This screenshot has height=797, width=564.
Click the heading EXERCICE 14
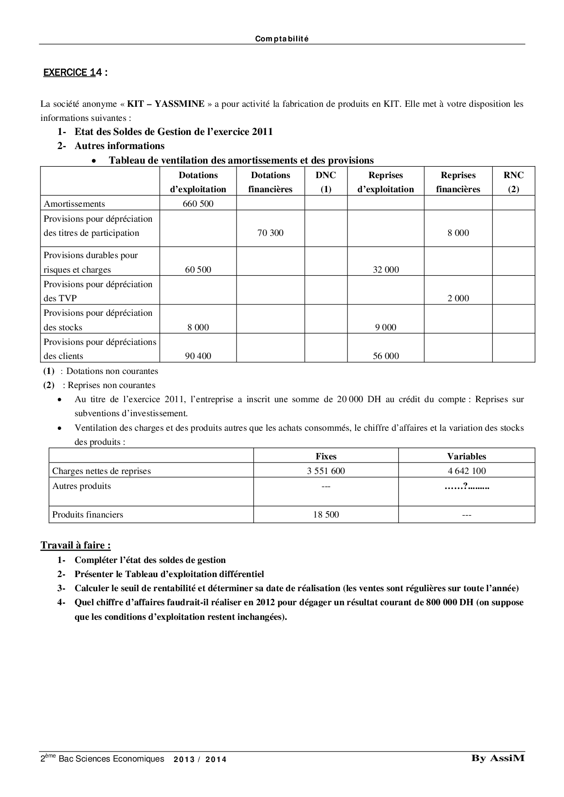point(75,73)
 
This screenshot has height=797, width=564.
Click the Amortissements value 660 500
point(198,204)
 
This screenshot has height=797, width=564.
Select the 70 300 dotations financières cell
point(270,233)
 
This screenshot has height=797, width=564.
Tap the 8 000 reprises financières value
point(458,233)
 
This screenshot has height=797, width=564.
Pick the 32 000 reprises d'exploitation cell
point(386,269)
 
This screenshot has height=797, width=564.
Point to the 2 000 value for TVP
point(458,299)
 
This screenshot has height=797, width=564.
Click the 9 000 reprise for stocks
point(386,327)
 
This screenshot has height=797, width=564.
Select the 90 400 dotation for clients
point(198,356)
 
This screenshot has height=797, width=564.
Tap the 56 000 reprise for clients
point(386,356)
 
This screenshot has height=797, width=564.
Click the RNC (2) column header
point(514,182)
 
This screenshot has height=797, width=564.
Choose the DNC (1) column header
point(326,182)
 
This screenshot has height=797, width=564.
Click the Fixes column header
point(326,457)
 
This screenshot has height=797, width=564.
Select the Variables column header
point(466,457)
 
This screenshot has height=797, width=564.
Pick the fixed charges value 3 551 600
point(326,471)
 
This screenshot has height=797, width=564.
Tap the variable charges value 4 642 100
point(466,471)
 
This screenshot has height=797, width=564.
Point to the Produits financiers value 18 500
point(326,515)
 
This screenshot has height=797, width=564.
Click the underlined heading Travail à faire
point(76,545)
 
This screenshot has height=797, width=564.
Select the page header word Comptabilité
point(282,39)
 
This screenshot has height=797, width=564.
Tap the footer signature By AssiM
point(498,758)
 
